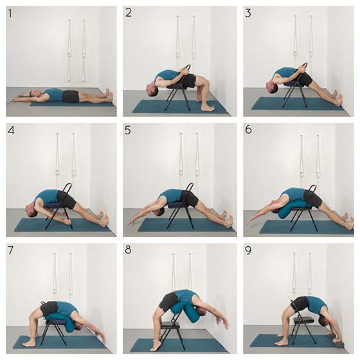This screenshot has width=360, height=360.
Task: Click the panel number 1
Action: coord(10,13)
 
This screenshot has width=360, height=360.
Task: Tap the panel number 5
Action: coord(128,130)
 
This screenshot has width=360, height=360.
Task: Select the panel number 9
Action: coord(248,251)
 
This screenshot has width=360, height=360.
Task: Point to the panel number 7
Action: coord(10,251)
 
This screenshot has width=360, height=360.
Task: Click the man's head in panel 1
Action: coord(34,94)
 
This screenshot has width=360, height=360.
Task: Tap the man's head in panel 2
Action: coord(152,90)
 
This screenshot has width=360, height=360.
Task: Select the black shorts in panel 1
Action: coord(71,96)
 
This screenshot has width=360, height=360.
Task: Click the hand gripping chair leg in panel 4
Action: coord(68,222)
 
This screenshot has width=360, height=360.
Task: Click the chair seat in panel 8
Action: coord(170,325)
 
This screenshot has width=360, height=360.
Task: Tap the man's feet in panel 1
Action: coord(108,94)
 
